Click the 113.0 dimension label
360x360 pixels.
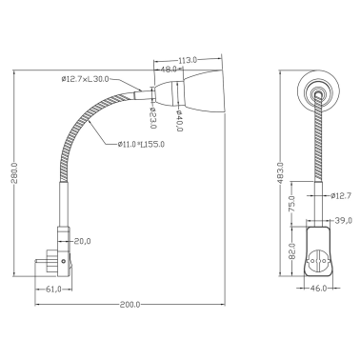[188, 60]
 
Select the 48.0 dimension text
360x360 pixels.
[169, 69]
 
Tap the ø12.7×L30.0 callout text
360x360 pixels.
[86, 79]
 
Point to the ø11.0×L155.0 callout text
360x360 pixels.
[141, 145]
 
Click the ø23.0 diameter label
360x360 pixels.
[152, 117]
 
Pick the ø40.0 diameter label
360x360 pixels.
[179, 121]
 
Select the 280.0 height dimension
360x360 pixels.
[14, 172]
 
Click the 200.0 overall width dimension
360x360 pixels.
[130, 305]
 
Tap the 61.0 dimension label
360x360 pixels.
[54, 289]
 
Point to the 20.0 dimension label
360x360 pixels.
[83, 241]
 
